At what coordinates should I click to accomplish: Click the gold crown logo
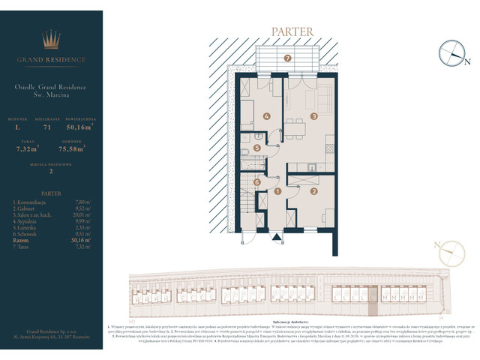click(x=52, y=40)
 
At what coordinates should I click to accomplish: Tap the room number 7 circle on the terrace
click(x=287, y=58)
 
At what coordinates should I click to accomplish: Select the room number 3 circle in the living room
click(x=315, y=115)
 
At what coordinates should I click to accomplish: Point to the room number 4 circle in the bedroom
click(x=265, y=116)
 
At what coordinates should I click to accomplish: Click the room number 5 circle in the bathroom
click(x=257, y=148)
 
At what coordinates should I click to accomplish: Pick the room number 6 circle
click(x=256, y=181)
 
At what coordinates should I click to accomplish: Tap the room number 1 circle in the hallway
click(x=277, y=192)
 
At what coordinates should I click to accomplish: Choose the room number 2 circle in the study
click(x=315, y=192)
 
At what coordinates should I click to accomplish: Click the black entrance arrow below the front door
click(x=277, y=238)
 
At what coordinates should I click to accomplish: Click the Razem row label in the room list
click(x=22, y=238)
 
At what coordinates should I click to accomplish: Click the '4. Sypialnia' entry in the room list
click(x=28, y=220)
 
